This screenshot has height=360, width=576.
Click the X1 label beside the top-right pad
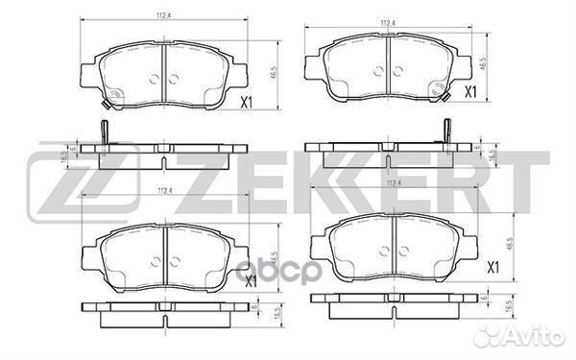pyautogui.click(x=470, y=92)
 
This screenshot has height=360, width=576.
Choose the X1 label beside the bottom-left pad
pyautogui.click(x=248, y=282)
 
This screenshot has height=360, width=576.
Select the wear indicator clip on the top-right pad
pyautogui.click(x=440, y=89)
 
